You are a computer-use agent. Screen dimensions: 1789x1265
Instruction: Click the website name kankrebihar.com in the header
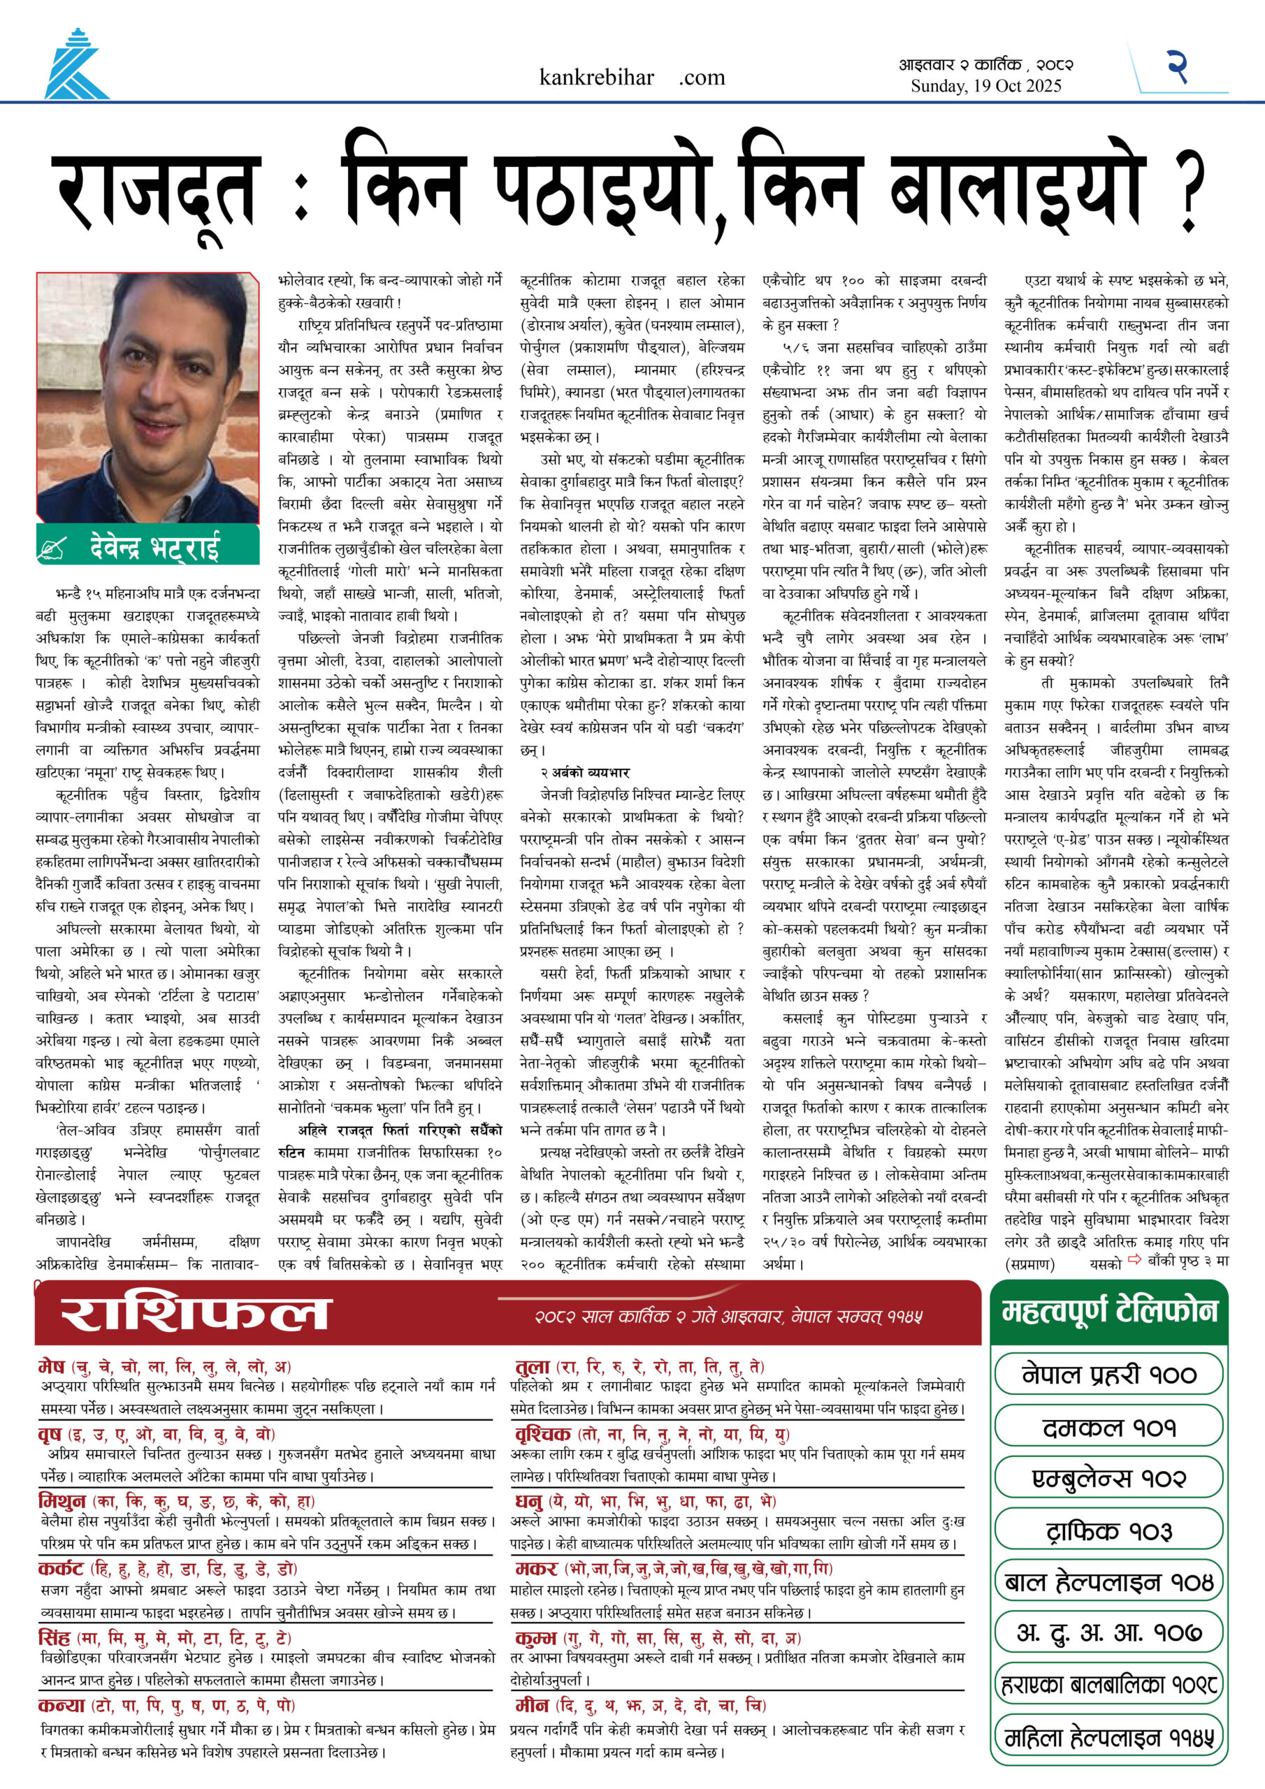coord(631,77)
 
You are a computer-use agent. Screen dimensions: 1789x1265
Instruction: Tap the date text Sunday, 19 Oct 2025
coord(986,86)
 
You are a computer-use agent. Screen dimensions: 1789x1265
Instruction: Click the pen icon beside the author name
coord(52,549)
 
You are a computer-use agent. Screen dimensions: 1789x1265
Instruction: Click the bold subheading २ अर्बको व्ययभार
coord(584,772)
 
